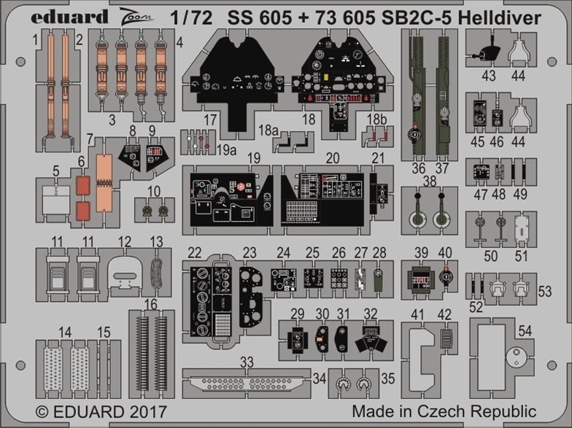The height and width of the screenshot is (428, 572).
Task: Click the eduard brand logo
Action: [70, 17]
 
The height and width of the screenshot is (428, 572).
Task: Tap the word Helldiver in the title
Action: [499, 17]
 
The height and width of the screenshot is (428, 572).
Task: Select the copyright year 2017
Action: [147, 412]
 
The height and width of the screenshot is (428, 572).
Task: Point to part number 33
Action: [247, 362]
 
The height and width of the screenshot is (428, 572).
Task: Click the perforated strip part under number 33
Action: [247, 384]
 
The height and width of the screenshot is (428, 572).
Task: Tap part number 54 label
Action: [525, 331]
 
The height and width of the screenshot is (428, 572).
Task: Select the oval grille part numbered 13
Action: [157, 273]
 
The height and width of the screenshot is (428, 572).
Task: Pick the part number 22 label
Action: [195, 252]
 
